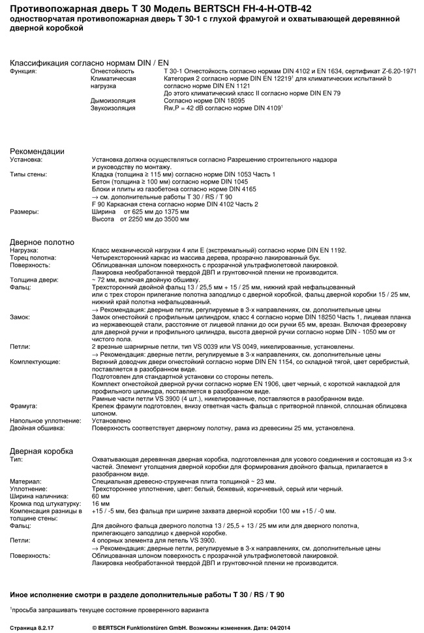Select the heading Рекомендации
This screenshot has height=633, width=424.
pos(37,151)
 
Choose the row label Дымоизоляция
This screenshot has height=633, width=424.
pos(113,101)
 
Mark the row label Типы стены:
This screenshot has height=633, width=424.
pos(29,174)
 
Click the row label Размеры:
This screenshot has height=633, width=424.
pos(24,212)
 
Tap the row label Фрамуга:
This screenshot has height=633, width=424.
pos(24,406)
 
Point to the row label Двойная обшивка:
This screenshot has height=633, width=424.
pos(37,429)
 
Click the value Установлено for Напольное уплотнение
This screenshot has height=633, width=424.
pos(112,421)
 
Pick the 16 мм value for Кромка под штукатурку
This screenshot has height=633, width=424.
pos(101,504)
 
